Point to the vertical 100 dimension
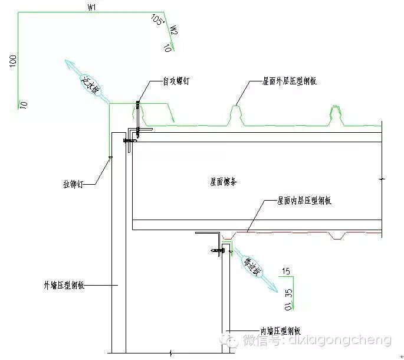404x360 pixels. (x=12, y=62)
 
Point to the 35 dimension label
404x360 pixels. (x=288, y=293)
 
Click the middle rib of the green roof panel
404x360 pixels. (x=236, y=112)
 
